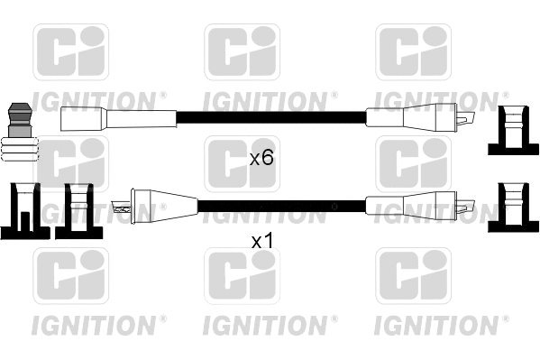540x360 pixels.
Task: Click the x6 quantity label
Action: pyautogui.click(x=261, y=159)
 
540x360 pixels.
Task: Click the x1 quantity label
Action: pyautogui.click(x=261, y=242)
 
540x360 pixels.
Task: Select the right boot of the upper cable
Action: pyautogui.click(x=416, y=117)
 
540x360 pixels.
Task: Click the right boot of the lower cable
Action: pyautogui.click(x=417, y=205)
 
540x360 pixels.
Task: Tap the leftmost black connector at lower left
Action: pyautogui.click(x=25, y=210)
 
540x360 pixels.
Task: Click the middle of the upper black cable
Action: pyautogui.click(x=270, y=117)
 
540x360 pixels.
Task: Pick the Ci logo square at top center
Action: pyautogui.click(x=243, y=52)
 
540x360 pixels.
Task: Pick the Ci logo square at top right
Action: pyautogui.click(x=412, y=52)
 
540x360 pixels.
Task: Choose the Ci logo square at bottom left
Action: pyautogui.click(x=71, y=276)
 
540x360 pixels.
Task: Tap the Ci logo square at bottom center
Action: pyautogui.click(x=243, y=276)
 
